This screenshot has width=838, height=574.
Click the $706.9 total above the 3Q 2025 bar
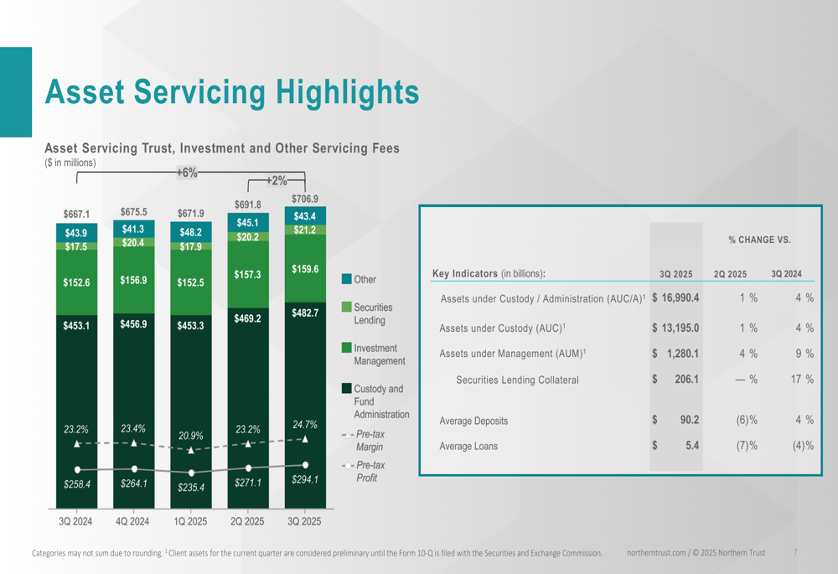click(x=305, y=199)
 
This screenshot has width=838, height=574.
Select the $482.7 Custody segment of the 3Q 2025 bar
click(x=305, y=313)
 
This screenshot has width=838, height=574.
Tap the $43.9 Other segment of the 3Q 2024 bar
click(x=76, y=232)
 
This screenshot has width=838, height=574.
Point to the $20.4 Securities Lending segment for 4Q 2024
click(x=134, y=243)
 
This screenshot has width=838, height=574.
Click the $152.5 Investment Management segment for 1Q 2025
click(x=191, y=282)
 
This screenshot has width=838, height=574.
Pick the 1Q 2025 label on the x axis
click(x=191, y=521)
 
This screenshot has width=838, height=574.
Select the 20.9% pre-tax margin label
click(x=191, y=436)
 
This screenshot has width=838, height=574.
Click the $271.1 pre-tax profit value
click(x=248, y=483)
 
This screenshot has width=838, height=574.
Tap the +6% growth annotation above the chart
click(x=187, y=173)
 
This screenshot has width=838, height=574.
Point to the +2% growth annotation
click(x=276, y=180)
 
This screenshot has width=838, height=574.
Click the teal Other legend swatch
click(x=347, y=278)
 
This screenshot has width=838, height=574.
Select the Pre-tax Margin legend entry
click(x=370, y=441)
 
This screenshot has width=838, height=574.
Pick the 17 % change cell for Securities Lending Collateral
click(x=802, y=380)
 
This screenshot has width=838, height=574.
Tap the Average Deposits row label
click(x=473, y=421)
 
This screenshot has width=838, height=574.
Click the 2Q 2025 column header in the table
click(x=730, y=274)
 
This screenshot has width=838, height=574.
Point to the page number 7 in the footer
click(x=795, y=553)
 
